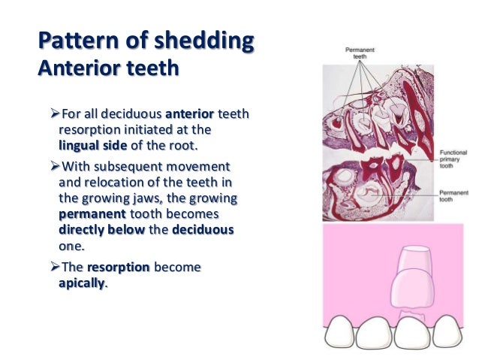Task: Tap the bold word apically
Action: tap(83, 284)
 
